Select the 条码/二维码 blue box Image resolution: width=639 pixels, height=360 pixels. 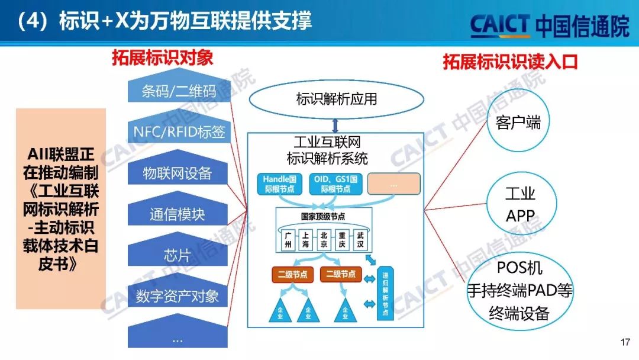tap(177, 91)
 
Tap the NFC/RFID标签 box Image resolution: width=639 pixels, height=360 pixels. tap(177, 131)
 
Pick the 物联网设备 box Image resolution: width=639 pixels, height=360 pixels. tap(177, 173)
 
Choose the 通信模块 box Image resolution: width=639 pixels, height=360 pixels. tap(177, 214)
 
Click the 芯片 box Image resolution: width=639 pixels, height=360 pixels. tap(177, 255)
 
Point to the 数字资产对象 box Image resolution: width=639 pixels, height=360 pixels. tap(177, 296)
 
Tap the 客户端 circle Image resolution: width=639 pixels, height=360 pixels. tap(518, 123)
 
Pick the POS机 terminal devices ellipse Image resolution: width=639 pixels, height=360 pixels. tap(519, 291)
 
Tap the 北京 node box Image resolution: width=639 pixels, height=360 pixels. tap(323, 239)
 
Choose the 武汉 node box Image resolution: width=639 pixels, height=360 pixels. tap(360, 239)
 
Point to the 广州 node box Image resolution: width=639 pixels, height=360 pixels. tap(288, 239)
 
